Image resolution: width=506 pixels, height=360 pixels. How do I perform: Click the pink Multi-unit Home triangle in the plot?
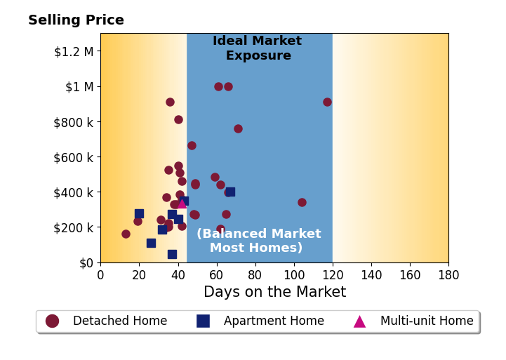[182, 204]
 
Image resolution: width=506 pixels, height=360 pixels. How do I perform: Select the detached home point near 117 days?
[327, 102]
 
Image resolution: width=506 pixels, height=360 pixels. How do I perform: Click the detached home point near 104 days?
[302, 202]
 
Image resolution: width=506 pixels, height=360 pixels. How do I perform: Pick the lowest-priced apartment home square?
[173, 254]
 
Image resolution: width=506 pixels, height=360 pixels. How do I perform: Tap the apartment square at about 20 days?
[139, 213]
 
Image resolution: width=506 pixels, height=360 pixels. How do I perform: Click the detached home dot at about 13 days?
[126, 234]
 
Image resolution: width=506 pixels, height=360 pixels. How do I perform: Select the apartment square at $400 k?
[230, 192]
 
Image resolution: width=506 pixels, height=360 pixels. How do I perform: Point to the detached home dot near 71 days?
[238, 128]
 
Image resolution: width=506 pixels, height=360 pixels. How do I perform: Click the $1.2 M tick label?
[74, 51]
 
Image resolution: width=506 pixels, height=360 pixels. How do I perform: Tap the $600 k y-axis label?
[74, 157]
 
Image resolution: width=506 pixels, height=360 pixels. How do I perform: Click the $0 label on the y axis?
[86, 263]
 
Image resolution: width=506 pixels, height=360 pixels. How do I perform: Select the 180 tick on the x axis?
[448, 275]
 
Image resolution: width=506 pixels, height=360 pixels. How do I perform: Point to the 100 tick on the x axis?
[294, 275]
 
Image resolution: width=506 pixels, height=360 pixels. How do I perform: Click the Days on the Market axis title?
[275, 292]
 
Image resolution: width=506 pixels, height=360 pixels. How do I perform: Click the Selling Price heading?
[76, 20]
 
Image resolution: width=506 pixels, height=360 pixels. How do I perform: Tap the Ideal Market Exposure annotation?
[258, 48]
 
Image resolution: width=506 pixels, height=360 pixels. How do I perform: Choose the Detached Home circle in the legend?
[52, 321]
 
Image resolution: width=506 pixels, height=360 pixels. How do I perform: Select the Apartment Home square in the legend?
[203, 321]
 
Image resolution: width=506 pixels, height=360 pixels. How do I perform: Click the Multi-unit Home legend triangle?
[359, 321]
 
